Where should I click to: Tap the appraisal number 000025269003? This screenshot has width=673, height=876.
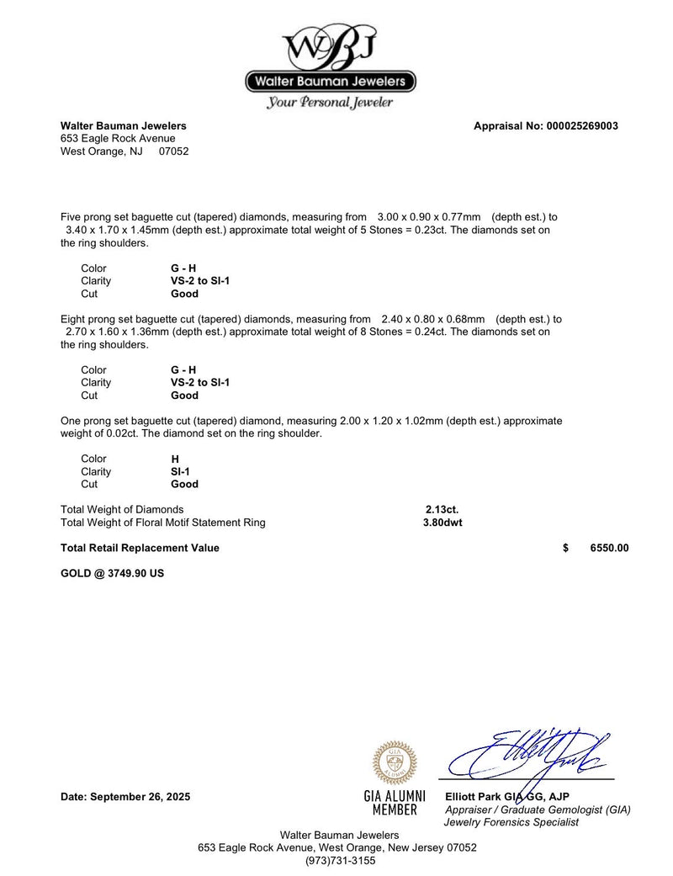pos(580,126)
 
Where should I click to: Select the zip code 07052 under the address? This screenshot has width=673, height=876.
pos(174,151)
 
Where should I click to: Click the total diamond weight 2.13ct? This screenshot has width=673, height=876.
pos(442,509)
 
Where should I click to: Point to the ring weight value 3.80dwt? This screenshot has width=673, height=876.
pos(442,523)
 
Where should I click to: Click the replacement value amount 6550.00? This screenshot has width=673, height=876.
pos(609,548)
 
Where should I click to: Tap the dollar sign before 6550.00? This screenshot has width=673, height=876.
pos(565,548)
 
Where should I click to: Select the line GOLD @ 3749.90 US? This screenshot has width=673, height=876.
pos(113,573)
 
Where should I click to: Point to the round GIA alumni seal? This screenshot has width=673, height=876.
pos(395,762)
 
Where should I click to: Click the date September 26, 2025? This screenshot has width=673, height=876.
pos(125,797)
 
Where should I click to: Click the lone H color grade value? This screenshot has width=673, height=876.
pos(175,459)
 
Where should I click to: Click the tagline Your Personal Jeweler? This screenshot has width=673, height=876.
pos(330,103)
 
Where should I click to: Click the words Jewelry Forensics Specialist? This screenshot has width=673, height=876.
pos(511,822)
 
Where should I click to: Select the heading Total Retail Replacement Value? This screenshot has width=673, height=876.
pos(140,548)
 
